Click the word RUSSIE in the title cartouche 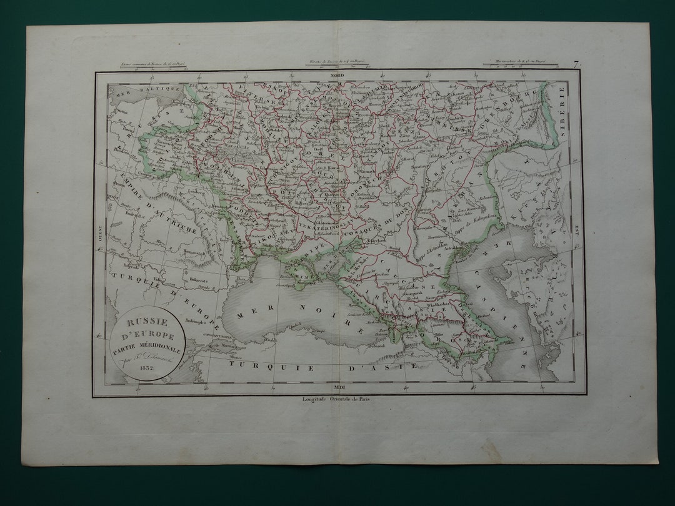142,323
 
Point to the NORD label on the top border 338,76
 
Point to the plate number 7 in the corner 576,62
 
